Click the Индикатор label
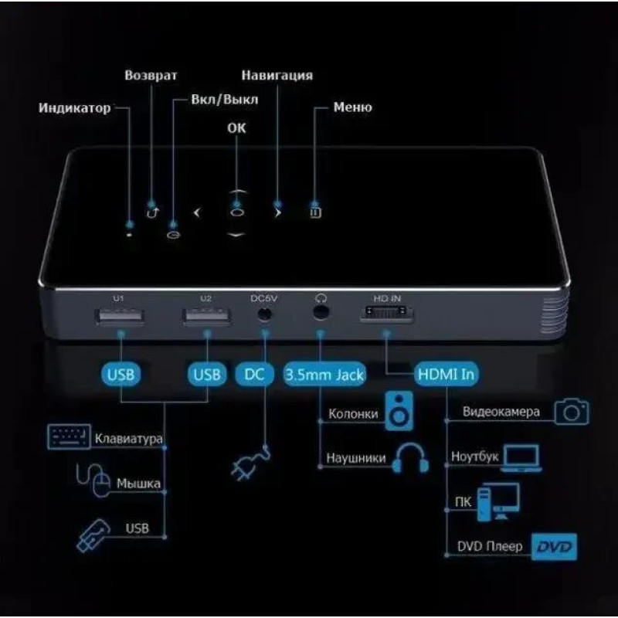(x=74, y=107)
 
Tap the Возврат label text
(x=151, y=75)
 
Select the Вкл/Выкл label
(x=225, y=100)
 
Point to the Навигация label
(x=277, y=75)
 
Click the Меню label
(x=352, y=107)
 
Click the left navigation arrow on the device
(x=197, y=213)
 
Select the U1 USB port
(x=120, y=317)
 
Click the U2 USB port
(x=206, y=317)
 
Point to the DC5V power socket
(x=264, y=314)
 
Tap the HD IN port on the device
(x=386, y=314)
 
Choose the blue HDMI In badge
(x=446, y=374)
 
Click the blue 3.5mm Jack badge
(x=324, y=374)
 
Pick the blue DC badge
(x=254, y=374)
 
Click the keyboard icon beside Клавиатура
(x=69, y=436)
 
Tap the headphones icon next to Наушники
(x=410, y=457)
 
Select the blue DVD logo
(x=554, y=547)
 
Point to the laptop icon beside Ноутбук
(x=521, y=458)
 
